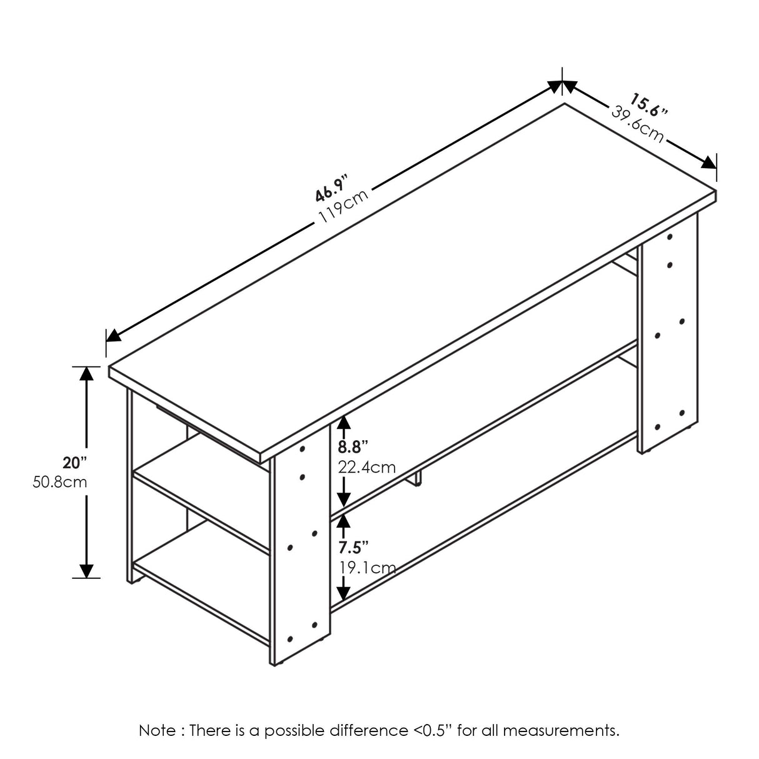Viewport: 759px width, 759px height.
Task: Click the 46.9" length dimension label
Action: pyautogui.click(x=331, y=186)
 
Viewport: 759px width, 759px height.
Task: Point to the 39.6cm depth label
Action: pyautogui.click(x=637, y=125)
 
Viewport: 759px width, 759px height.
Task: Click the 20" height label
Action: pyautogui.click(x=74, y=463)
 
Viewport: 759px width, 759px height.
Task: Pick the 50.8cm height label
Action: pyautogui.click(x=59, y=483)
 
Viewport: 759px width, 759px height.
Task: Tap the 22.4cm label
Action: pyautogui.click(x=366, y=466)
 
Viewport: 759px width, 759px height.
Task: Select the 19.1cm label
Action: pyautogui.click(x=366, y=568)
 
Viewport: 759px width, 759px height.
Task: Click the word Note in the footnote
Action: pyautogui.click(x=153, y=730)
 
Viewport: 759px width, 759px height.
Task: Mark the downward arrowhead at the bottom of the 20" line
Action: pyautogui.click(x=86, y=570)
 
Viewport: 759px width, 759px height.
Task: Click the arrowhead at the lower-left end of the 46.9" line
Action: pyautogui.click(x=113, y=335)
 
